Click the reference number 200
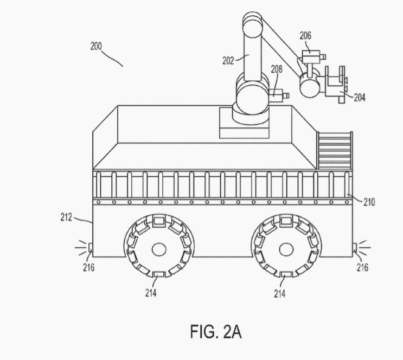(96, 46)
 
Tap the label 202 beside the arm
(228, 61)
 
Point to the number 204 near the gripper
(360, 98)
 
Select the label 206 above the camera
(305, 36)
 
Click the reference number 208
(277, 69)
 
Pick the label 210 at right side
(369, 202)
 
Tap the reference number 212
(66, 217)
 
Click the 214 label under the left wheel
(151, 293)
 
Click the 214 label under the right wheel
(280, 293)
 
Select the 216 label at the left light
(88, 267)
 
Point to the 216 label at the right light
(362, 267)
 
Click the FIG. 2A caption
(216, 331)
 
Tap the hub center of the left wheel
(159, 249)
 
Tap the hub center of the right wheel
(286, 249)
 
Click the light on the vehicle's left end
(91, 248)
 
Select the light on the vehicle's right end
(355, 248)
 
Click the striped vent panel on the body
(335, 150)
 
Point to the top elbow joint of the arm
(252, 24)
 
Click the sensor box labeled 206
(311, 56)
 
